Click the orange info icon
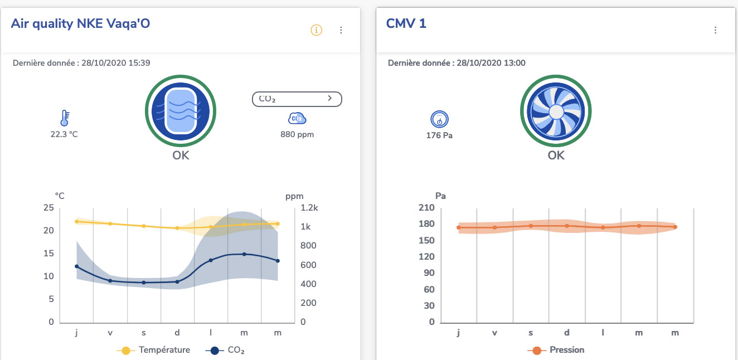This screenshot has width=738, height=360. [x=316, y=30]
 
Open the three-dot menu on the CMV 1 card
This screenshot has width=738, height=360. [x=715, y=30]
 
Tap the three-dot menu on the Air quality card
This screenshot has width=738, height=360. [x=341, y=30]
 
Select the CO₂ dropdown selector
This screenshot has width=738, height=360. [x=297, y=99]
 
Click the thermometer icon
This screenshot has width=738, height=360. [x=65, y=118]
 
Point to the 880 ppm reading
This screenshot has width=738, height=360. [x=297, y=134]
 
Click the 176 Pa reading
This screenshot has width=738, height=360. [x=439, y=135]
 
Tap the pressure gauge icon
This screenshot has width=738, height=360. [x=439, y=119]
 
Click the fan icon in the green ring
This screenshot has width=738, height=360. [x=556, y=111]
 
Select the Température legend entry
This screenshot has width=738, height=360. [x=153, y=350]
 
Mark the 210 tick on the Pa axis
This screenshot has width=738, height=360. [x=426, y=208]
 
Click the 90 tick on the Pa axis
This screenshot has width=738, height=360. [x=428, y=273]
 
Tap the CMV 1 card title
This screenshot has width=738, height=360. [x=406, y=24]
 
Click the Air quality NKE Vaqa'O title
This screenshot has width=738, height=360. [x=80, y=23]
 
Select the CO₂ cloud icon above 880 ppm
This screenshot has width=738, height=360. [x=297, y=118]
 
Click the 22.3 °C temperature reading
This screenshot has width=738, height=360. [x=65, y=134]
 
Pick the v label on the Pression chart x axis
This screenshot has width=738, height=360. [x=494, y=333]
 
